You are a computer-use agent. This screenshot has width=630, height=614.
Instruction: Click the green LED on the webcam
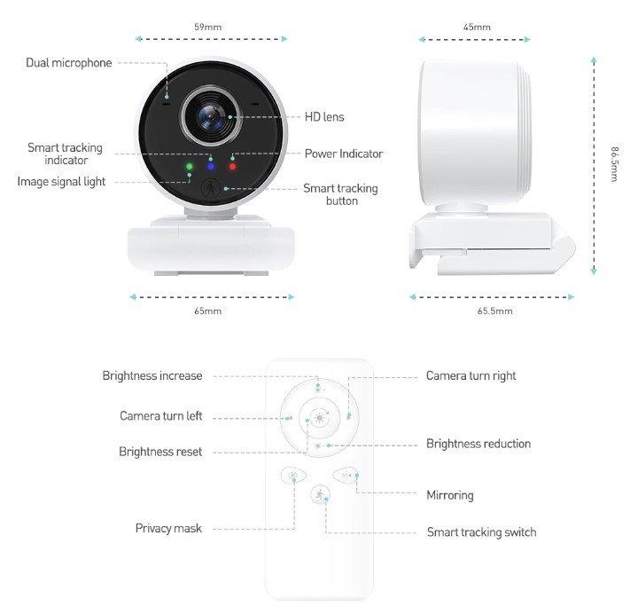189,165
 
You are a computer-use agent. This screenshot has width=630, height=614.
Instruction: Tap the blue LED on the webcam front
211,165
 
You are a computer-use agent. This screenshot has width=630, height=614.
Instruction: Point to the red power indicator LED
232,165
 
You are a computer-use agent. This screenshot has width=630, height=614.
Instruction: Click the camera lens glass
211,115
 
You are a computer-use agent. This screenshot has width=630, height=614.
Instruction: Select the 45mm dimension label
476,28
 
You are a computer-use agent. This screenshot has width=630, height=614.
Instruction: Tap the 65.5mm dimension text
494,311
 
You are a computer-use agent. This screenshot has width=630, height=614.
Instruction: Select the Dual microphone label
69,63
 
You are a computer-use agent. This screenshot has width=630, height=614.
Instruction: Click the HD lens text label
324,117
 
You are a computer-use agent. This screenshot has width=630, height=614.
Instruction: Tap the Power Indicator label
344,153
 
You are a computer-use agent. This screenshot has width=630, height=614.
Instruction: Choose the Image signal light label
61,182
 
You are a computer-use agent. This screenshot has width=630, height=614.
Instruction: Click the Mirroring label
450,495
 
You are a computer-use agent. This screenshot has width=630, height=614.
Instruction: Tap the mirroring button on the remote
345,476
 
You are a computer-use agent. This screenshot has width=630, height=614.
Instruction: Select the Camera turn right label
471,376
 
